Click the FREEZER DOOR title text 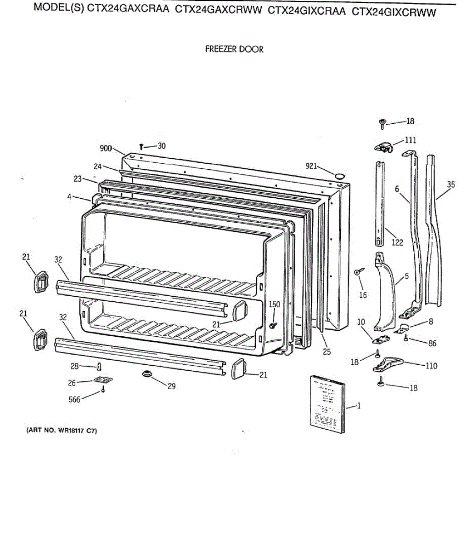[234, 49]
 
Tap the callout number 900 [106, 148]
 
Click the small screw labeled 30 [142, 147]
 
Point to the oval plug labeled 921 [339, 176]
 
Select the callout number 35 [451, 185]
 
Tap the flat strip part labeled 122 [379, 202]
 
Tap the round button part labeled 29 [147, 373]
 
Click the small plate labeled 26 [103, 380]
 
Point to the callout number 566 [74, 399]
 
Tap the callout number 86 [432, 343]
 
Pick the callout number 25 [326, 352]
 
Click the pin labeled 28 [99, 367]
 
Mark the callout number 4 [69, 197]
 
